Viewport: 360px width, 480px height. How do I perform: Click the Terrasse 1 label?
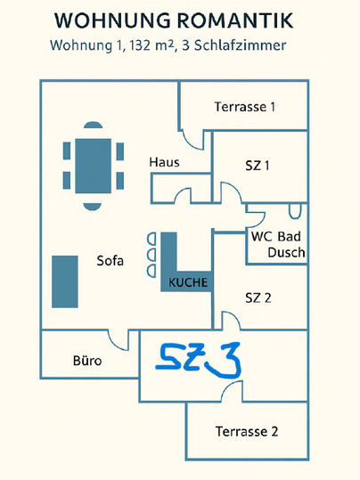coord(244,107)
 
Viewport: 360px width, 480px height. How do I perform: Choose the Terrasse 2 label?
coord(247,432)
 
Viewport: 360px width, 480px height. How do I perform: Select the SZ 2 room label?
coord(257,297)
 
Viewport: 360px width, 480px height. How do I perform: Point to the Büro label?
coord(86,361)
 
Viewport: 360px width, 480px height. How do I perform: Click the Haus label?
coord(165,162)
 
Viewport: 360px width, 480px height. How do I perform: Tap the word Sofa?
coord(110,261)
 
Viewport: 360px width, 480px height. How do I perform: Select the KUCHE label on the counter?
coord(187,282)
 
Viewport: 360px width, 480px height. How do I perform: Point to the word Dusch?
coord(286,252)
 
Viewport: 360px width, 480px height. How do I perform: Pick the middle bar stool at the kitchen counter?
coord(150,255)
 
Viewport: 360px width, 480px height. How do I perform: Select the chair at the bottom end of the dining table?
coord(93,204)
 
